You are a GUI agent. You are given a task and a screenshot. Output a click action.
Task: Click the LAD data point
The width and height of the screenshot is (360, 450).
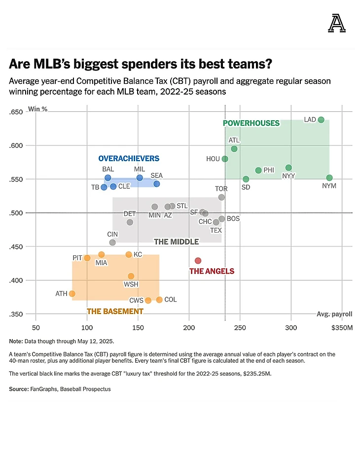(x=321, y=120)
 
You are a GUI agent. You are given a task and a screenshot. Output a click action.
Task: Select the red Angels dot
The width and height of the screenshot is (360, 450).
(x=198, y=260)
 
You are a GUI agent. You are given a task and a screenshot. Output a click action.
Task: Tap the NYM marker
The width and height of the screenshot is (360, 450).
(x=329, y=178)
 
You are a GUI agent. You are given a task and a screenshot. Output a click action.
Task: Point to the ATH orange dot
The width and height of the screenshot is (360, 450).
(x=72, y=294)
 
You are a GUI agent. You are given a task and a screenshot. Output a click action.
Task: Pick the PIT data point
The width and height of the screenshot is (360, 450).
(x=87, y=258)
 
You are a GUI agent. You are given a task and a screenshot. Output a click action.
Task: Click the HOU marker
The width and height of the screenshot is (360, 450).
(x=225, y=159)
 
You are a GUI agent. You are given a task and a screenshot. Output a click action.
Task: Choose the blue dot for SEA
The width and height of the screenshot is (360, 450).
(x=157, y=184)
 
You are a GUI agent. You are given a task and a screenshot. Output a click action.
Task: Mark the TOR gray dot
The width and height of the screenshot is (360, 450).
(x=221, y=197)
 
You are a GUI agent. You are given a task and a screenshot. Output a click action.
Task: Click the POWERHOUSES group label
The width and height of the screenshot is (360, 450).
(x=251, y=123)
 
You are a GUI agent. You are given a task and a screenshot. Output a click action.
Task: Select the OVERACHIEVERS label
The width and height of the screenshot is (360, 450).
(x=129, y=158)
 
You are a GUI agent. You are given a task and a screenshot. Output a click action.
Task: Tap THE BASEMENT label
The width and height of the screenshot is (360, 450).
(x=111, y=312)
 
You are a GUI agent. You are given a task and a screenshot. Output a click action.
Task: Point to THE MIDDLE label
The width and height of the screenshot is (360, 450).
(x=176, y=242)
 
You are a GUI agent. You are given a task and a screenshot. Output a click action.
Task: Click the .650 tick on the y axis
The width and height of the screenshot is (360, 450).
(x=16, y=112)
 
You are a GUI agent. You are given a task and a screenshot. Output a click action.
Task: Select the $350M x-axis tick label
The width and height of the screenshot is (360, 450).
(x=342, y=328)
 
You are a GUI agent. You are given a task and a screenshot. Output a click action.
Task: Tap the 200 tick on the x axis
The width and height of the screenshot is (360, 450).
(x=189, y=328)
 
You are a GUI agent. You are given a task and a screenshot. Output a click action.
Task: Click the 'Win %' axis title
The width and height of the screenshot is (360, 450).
(x=38, y=109)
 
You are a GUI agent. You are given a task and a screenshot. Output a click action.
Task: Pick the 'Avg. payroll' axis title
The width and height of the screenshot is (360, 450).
(x=334, y=314)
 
